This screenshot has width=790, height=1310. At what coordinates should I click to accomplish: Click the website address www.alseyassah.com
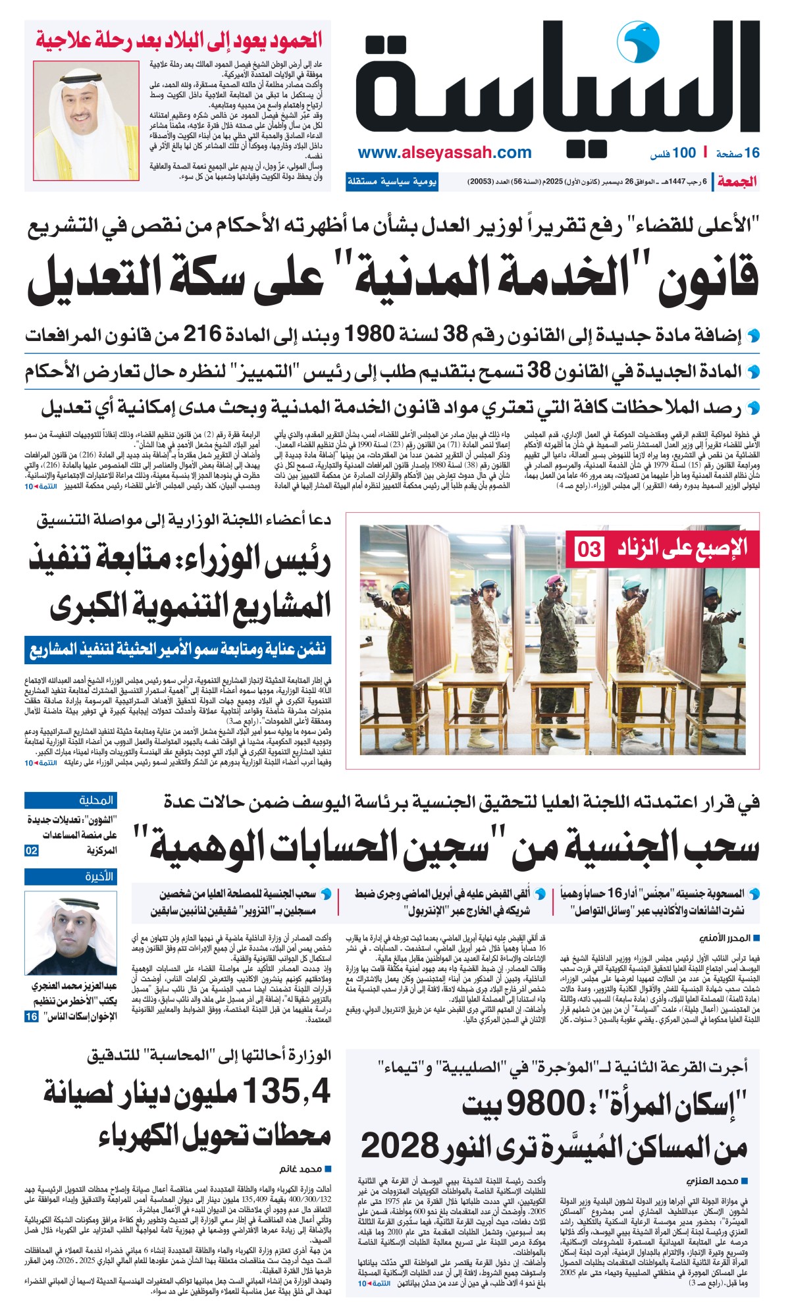coord(444,153)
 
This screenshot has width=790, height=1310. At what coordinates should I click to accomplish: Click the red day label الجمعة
coord(737,182)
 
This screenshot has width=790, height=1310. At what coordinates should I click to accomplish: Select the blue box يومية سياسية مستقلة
coord(392,182)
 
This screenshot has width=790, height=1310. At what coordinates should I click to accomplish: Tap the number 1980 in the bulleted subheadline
coord(370,334)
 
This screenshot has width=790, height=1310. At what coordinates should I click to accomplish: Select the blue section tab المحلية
coord(71,800)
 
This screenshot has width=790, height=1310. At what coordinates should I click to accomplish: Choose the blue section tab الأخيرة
coord(71,877)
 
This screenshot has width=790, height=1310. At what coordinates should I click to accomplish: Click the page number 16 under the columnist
coord(31,1016)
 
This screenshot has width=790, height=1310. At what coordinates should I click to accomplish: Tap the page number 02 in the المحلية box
coord(32,851)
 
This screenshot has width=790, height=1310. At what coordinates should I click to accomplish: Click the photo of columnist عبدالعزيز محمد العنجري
coord(71,933)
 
